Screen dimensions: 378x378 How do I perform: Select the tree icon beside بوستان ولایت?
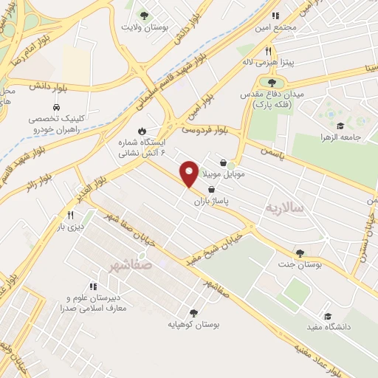(x=144, y=15)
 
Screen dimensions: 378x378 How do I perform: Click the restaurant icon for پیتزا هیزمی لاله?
(x=269, y=52)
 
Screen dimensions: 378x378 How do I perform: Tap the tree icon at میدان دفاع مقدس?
(x=272, y=83)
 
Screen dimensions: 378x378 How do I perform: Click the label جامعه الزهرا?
(x=338, y=137)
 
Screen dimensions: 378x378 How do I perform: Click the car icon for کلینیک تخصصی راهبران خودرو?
(x=56, y=107)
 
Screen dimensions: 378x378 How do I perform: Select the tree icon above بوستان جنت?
(x=299, y=252)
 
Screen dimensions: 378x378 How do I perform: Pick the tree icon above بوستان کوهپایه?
(x=193, y=312)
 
